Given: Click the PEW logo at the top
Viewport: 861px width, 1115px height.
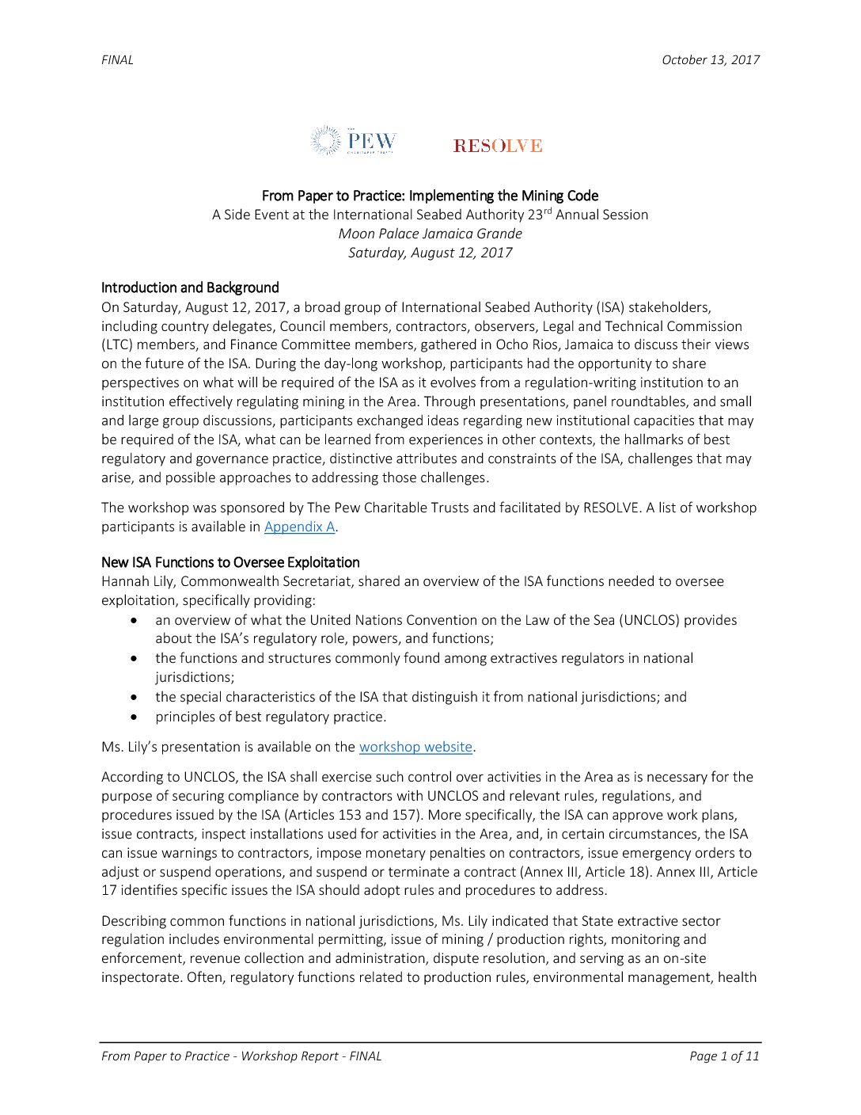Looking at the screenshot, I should tap(354, 141).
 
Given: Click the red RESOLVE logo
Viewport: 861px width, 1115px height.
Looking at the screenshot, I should tap(498, 146).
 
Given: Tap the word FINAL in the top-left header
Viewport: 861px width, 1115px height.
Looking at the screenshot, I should tap(117, 60).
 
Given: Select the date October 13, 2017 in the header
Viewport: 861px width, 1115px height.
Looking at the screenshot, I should tap(711, 60).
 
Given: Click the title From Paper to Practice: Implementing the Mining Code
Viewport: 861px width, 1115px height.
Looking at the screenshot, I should tap(430, 196).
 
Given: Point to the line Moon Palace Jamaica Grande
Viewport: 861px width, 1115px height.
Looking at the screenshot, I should tap(430, 234).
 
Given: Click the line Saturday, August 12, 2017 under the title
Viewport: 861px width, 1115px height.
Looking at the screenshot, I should tap(430, 253).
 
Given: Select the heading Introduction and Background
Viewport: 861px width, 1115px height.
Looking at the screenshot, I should tap(190, 287).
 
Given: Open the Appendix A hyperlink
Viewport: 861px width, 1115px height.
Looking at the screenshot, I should tap(299, 527).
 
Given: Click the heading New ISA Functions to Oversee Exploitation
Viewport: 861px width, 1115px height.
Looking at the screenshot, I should tap(230, 562).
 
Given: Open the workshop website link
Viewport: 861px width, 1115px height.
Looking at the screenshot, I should tap(415, 747).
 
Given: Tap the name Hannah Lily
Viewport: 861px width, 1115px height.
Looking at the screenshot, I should tap(137, 581).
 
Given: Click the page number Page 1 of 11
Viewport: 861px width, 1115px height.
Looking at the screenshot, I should tap(723, 1056).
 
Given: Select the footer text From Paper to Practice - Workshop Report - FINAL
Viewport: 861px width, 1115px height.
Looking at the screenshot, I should tap(241, 1056).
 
